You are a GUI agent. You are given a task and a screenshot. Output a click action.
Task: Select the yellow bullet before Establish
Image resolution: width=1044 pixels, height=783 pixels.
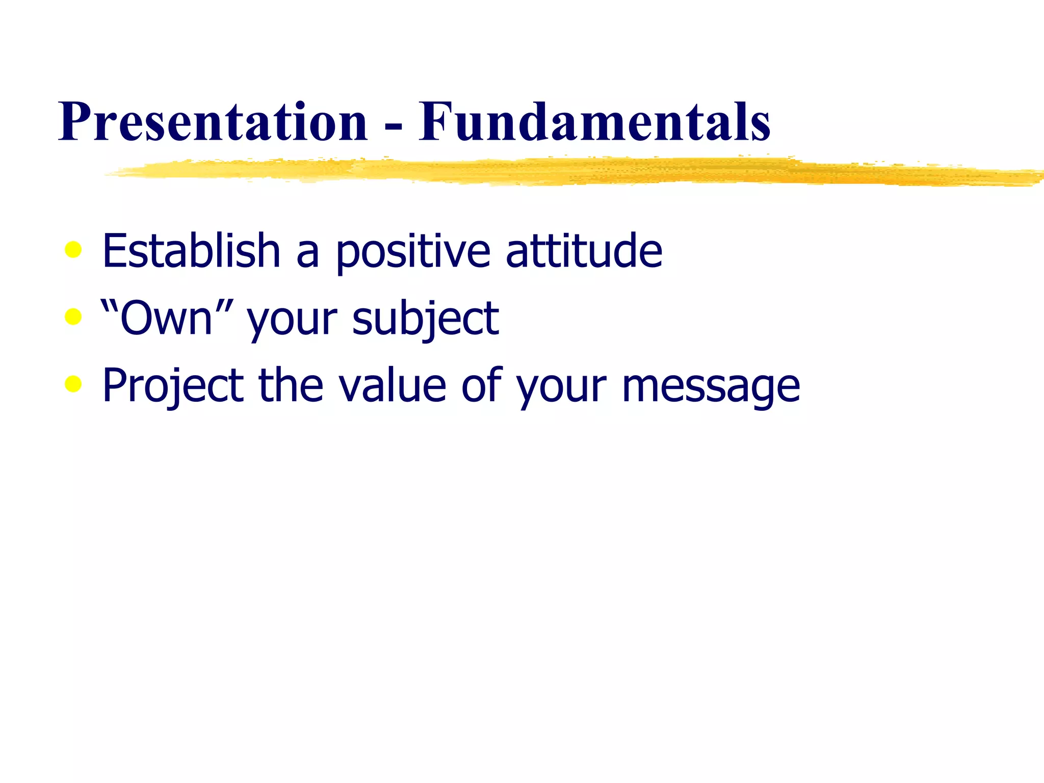click(73, 250)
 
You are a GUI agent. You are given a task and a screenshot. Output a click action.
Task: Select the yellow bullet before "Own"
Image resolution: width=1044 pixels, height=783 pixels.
click(73, 317)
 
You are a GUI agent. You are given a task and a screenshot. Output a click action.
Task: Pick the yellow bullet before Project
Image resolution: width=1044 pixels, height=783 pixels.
click(73, 384)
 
